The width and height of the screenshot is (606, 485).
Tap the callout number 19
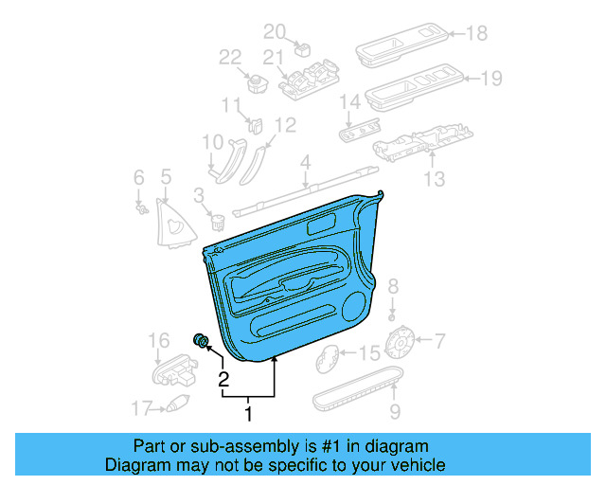click(x=490, y=79)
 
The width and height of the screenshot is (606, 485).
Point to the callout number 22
click(x=231, y=57)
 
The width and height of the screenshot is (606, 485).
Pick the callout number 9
click(x=395, y=411)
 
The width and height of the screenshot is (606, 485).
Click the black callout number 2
click(x=224, y=381)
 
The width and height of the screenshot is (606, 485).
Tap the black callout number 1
click(x=249, y=414)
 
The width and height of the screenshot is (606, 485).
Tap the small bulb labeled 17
click(x=175, y=405)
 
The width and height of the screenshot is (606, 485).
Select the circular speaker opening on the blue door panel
click(x=358, y=305)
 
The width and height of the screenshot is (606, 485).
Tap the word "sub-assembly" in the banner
click(x=219, y=446)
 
